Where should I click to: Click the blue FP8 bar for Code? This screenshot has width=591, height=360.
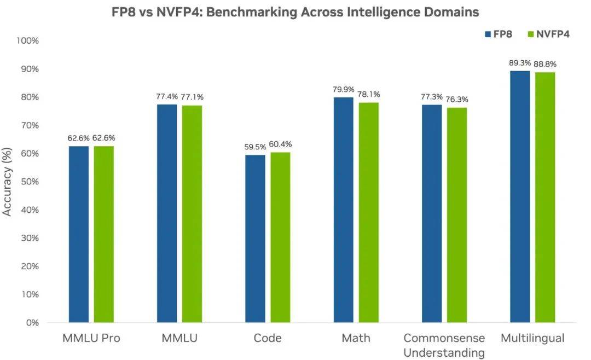click(255, 239)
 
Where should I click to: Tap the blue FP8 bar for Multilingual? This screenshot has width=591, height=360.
click(520, 196)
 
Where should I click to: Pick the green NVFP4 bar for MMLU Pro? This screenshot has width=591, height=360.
click(103, 234)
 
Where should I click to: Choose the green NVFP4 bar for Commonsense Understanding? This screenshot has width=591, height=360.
click(456, 214)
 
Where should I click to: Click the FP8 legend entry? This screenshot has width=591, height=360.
click(498, 34)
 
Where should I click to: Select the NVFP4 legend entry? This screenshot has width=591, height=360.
click(547, 34)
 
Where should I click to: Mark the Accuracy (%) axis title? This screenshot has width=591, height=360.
click(8, 182)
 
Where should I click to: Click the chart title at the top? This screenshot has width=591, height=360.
click(295, 12)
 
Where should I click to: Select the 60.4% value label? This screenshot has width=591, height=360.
click(280, 144)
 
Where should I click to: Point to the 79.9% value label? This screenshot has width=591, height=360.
click(343, 90)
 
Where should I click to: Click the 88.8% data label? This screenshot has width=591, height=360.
click(546, 65)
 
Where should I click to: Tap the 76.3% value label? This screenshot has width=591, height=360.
click(457, 100)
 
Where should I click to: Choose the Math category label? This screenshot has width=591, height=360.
click(356, 339)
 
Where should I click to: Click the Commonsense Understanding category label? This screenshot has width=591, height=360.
click(444, 345)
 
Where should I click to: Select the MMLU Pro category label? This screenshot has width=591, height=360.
click(91, 339)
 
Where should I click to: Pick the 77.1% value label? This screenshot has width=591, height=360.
click(192, 97)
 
